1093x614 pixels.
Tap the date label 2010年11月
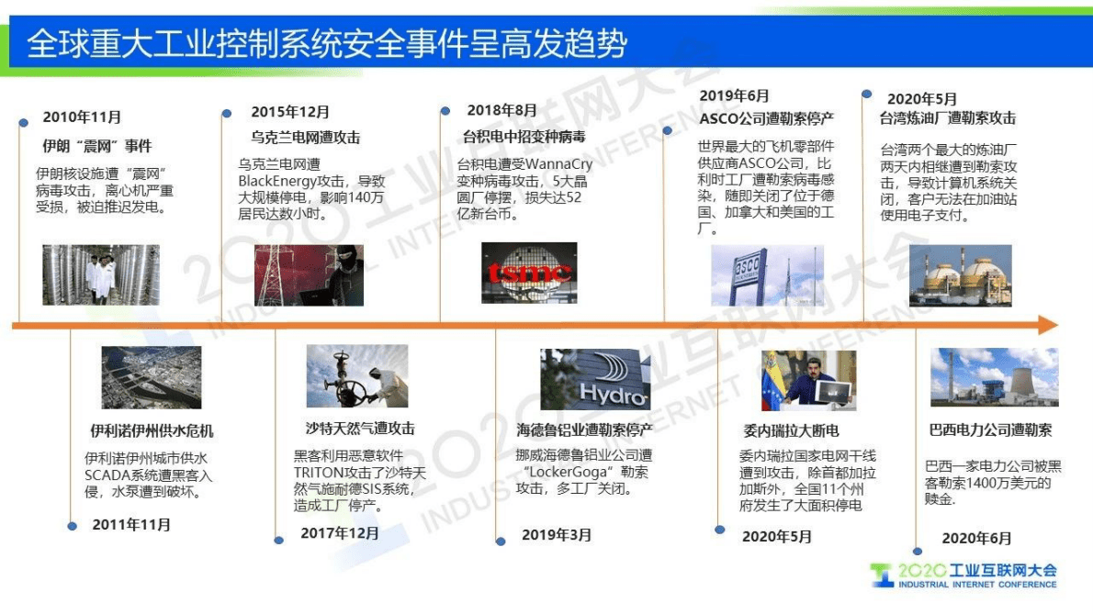(x=82, y=117)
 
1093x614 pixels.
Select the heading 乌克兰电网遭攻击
(x=305, y=138)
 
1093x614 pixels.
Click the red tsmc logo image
(x=529, y=273)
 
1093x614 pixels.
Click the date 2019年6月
(x=734, y=95)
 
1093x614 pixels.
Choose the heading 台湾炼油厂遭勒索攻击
(x=947, y=118)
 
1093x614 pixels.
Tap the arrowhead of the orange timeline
(x=1048, y=325)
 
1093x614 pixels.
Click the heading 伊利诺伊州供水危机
(x=152, y=430)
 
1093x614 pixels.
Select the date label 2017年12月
(x=340, y=533)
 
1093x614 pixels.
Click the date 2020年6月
(x=976, y=539)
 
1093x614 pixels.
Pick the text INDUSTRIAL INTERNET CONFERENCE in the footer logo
(x=976, y=584)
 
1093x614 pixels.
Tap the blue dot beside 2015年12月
(x=227, y=113)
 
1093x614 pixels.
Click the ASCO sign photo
(x=767, y=275)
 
